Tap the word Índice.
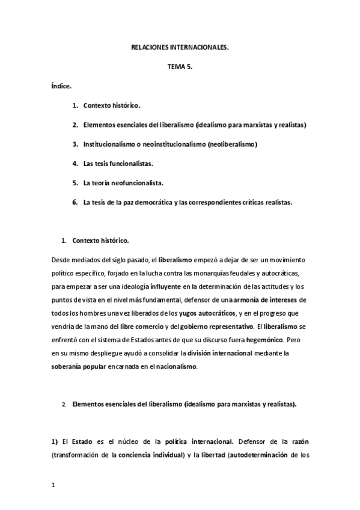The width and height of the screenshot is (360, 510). pos(62,86)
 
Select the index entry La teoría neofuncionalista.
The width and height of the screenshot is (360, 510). pos(124,183)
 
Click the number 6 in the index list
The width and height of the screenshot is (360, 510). pos(75,202)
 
